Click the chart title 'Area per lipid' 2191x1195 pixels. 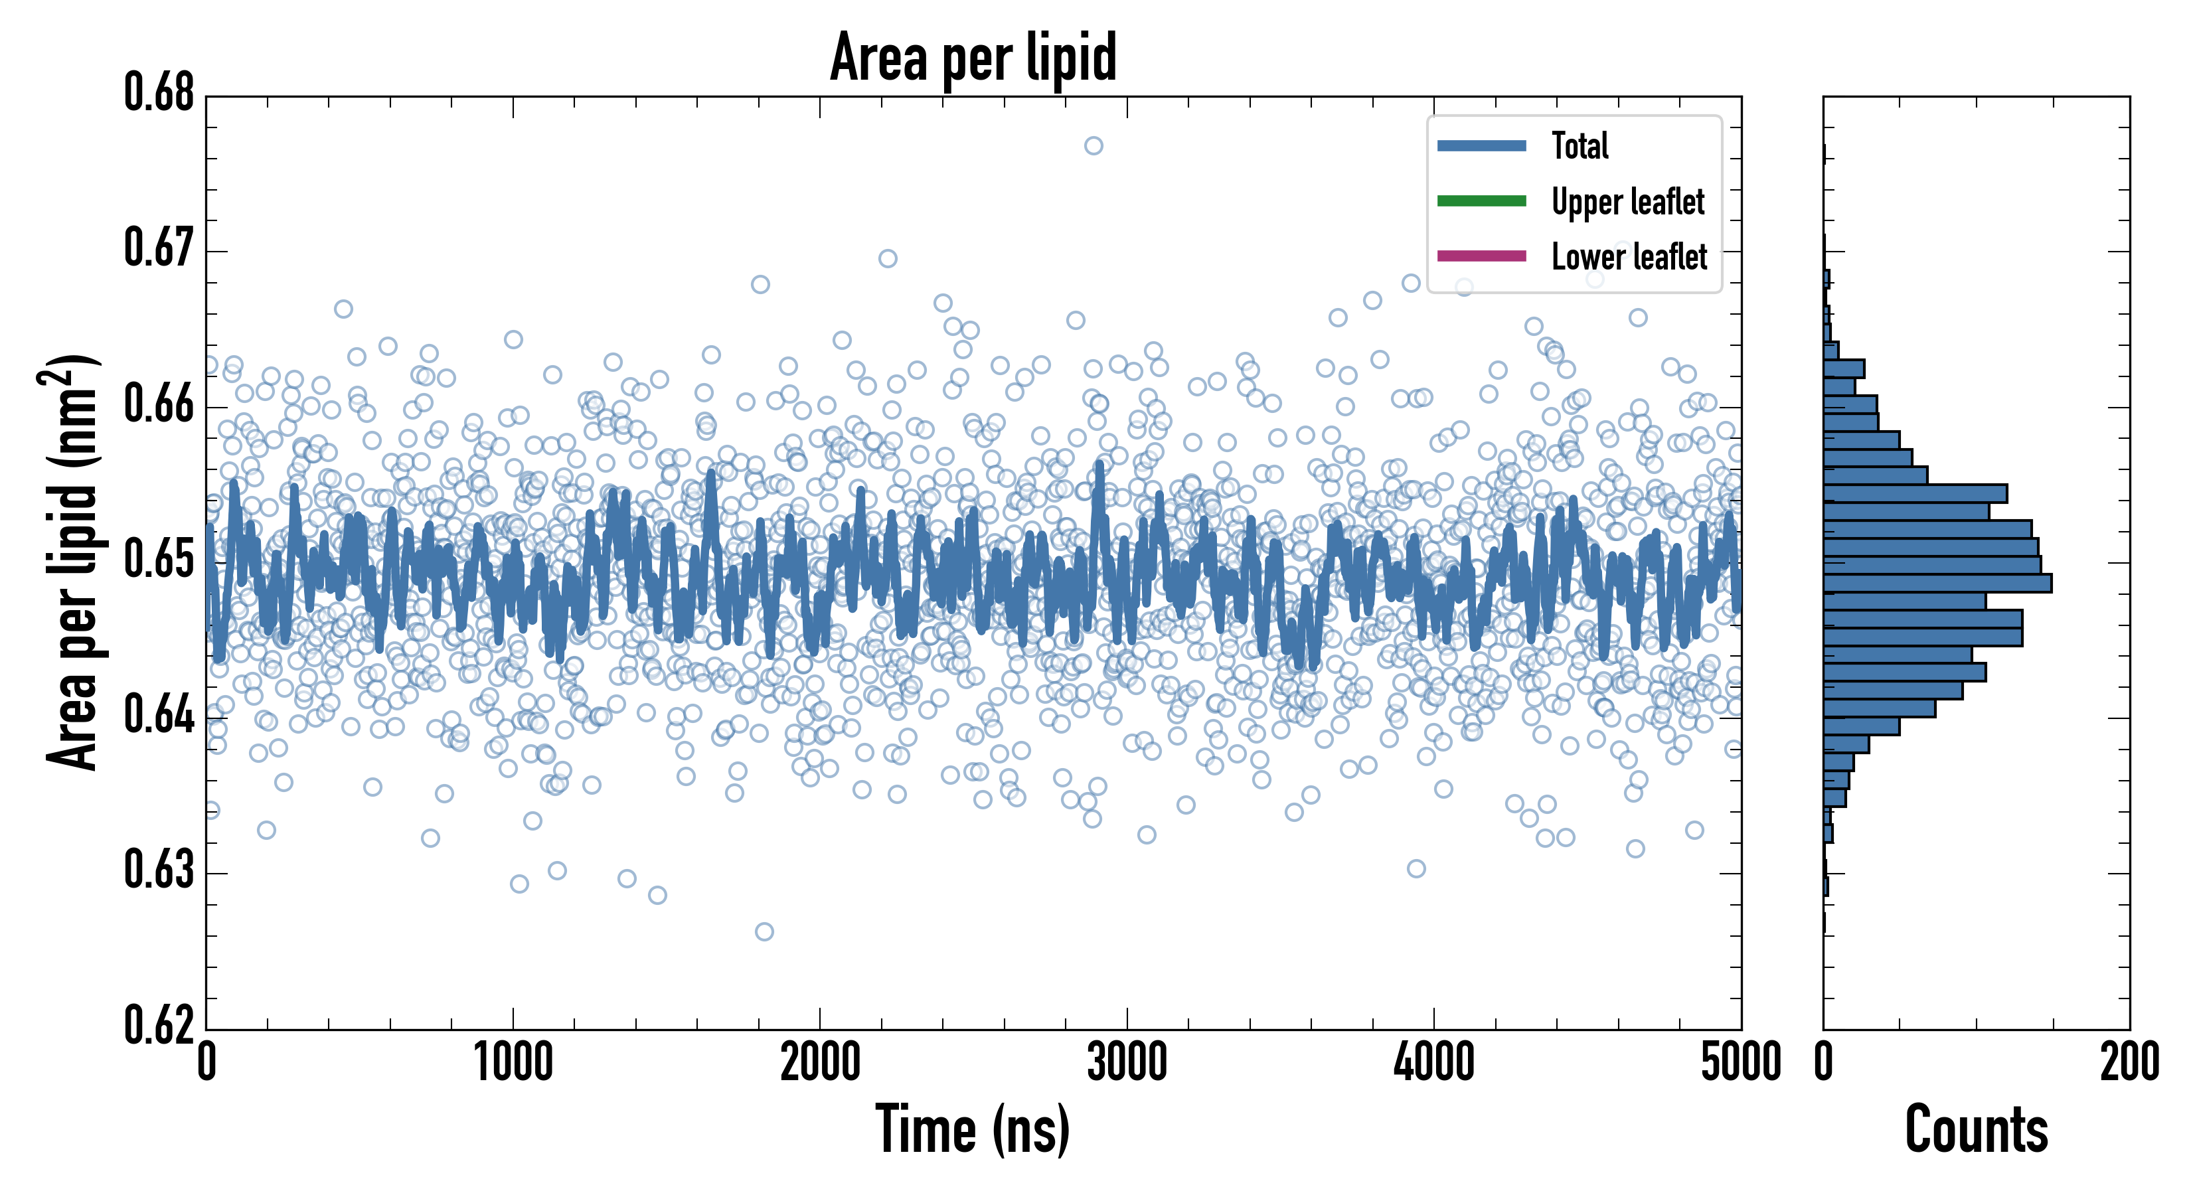coord(973,58)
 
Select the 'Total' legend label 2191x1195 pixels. coord(1580,145)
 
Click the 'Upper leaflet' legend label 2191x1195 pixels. coord(1627,202)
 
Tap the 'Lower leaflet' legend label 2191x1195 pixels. coord(1629,256)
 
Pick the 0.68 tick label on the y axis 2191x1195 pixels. coord(159,94)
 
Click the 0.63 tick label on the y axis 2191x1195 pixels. coord(159,871)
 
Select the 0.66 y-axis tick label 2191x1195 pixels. coord(159,405)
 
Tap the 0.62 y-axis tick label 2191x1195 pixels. coord(159,1026)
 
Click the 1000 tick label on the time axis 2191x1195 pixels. coord(513,1063)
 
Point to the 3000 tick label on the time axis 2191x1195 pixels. coord(1127,1063)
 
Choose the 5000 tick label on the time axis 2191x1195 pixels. coord(1740,1063)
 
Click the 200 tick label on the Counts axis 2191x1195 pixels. coord(2129,1063)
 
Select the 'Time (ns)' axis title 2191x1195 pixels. coord(973,1129)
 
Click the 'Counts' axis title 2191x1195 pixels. coord(1976,1129)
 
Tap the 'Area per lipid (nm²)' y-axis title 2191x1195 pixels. coord(72,562)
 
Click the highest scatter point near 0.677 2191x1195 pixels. coord(1094,146)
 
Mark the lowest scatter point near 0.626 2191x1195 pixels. coord(765,932)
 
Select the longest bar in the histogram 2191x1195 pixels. coord(1937,584)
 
